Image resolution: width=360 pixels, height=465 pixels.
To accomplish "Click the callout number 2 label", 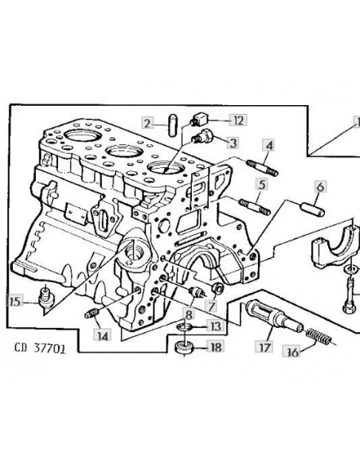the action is [147, 123].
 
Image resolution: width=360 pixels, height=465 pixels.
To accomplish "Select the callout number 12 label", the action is [238, 120].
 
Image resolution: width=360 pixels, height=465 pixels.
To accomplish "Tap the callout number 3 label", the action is [233, 143].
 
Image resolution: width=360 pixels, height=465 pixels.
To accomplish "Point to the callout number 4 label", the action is [269, 146].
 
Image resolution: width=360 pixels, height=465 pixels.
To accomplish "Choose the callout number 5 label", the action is [261, 184].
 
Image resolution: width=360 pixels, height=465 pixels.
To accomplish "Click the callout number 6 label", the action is [320, 187].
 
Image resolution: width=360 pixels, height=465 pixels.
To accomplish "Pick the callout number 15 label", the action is [15, 302].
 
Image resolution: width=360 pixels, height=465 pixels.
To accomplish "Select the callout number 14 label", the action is [103, 335].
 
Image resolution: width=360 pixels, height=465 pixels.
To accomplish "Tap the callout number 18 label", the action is [215, 346].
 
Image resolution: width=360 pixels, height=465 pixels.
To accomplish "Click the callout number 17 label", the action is [264, 346].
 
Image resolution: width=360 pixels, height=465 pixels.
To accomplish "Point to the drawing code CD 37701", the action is [40, 348].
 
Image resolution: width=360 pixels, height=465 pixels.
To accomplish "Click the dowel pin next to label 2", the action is [172, 126].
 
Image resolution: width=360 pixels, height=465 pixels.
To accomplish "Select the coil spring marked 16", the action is [319, 337].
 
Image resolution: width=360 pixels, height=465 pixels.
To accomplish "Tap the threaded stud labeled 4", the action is [262, 167].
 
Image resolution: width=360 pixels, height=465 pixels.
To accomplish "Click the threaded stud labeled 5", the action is [255, 207].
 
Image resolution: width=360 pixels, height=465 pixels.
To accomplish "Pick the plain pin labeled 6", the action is [313, 209].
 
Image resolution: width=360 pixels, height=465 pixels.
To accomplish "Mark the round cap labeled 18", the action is [185, 346].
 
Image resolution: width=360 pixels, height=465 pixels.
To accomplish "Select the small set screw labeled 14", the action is [92, 313].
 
